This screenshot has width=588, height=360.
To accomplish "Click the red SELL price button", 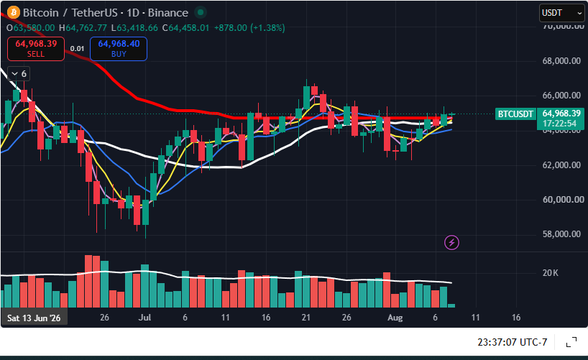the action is point(36,49).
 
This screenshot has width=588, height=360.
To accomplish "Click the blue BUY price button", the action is point(119,49).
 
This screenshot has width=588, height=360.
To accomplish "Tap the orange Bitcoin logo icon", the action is point(14,12).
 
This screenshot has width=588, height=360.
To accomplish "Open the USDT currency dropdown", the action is point(561,13).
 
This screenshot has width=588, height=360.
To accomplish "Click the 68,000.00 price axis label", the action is point(561,61).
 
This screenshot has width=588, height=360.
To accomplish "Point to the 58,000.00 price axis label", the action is point(561,234).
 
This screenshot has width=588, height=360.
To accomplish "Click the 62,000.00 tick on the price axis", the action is point(561,165).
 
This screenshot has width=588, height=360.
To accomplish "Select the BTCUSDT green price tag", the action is point(515,114).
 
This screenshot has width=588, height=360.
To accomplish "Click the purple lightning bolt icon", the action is point(451,243).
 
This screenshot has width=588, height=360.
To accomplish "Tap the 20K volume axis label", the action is point(550,273).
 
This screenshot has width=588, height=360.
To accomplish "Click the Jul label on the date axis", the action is point(144,318).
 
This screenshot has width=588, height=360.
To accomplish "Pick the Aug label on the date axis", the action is point(395,318).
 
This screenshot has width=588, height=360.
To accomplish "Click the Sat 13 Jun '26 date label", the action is point(34,318).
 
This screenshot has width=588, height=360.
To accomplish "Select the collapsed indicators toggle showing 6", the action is point(19,74).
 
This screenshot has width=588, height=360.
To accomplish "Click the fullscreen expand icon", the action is point(571,342).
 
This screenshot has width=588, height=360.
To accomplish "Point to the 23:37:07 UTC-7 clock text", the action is point(512,342).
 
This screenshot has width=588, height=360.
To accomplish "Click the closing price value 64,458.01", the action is point(188,28).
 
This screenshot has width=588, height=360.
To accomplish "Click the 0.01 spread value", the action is point(77,49).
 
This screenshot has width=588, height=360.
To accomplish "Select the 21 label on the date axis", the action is point(306,318).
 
